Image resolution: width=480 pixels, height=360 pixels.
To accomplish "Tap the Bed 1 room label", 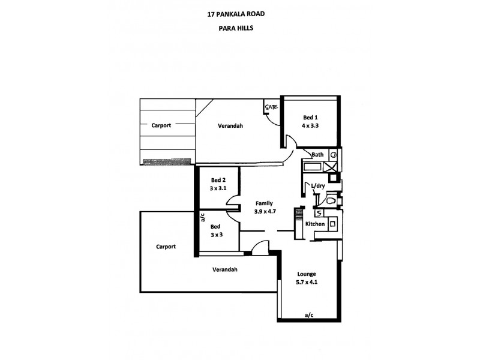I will click(x=310, y=117).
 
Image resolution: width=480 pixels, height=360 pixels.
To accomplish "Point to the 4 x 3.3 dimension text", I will click(x=310, y=125).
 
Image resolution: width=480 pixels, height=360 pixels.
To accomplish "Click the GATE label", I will click(x=271, y=107).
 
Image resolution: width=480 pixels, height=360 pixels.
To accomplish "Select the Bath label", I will click(x=317, y=155).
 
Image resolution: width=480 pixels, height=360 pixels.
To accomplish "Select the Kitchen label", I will click(x=315, y=224).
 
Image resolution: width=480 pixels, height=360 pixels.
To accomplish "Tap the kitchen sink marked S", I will click(x=318, y=213).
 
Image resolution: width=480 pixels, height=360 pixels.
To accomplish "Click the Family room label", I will click(x=264, y=203).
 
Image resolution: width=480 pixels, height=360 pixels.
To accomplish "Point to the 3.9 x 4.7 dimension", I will click(x=264, y=211).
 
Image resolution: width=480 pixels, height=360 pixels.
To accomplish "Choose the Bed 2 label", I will click(x=218, y=180).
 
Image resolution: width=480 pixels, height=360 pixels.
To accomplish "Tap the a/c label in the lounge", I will click(x=310, y=314).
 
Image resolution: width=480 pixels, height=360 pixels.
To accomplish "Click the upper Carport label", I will click(x=161, y=125).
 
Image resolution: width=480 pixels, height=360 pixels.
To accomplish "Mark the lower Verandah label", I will click(x=224, y=269).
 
